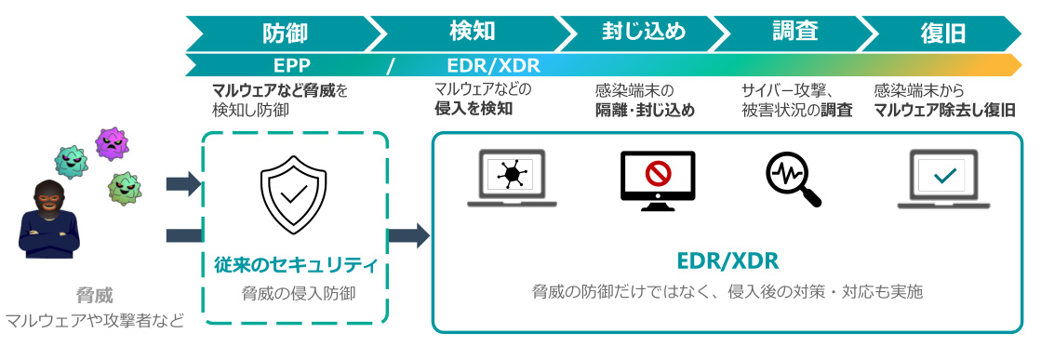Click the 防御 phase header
pos(286,33)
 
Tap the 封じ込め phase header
pos(644,32)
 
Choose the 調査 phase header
pos(794,32)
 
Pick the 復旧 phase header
pos(942,33)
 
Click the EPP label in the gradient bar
pos(292,65)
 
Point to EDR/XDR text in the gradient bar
pos(493,65)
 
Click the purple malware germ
pos(112,143)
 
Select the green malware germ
pos(127,188)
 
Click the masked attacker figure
pos(48,219)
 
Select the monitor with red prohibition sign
pos(658,180)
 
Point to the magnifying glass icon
pos(793,178)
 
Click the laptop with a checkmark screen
pos(943,179)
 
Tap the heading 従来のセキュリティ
pos(296,266)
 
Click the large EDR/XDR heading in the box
pos(727,261)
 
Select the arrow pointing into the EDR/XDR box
pos(408,235)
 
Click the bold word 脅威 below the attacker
pos(94,295)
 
